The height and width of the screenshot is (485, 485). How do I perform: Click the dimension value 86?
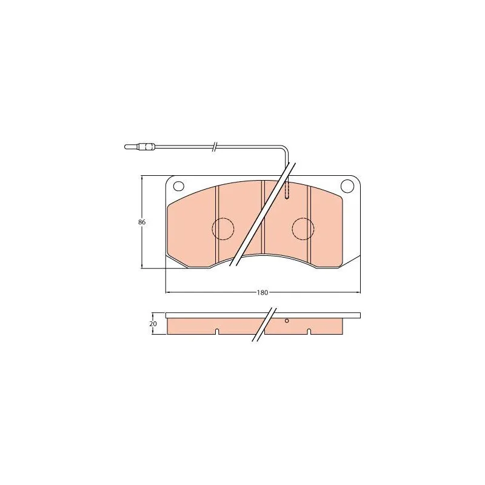pyautogui.click(x=142, y=222)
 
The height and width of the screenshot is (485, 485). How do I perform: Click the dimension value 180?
pyautogui.click(x=263, y=292)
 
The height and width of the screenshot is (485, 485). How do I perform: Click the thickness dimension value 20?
pyautogui.click(x=153, y=324)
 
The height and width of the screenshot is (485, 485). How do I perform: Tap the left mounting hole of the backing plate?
pyautogui.click(x=179, y=186)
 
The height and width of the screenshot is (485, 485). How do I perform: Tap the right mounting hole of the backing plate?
pyautogui.click(x=347, y=186)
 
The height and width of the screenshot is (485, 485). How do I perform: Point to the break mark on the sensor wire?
pyautogui.click(x=215, y=146)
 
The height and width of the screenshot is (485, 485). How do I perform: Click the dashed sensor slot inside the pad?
pyautogui.click(x=287, y=190)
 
